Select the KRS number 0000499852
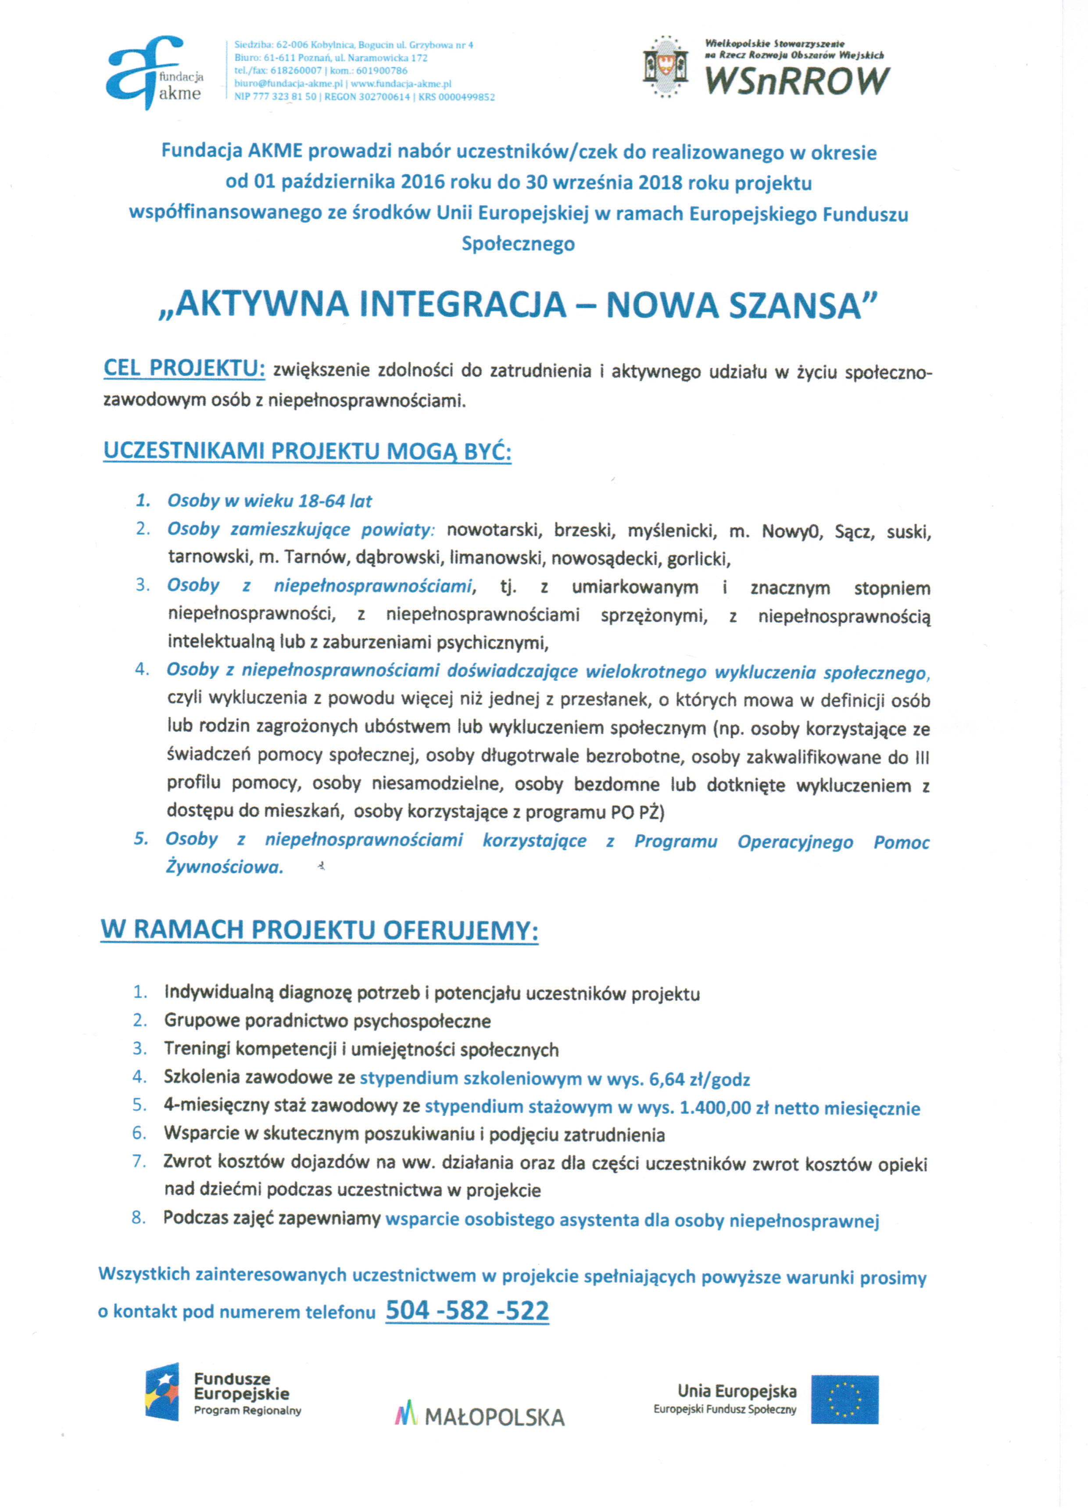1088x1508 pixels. [465, 97]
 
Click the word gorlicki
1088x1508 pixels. [698, 559]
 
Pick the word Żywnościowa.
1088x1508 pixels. [224, 867]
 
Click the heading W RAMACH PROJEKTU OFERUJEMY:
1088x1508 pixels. [319, 930]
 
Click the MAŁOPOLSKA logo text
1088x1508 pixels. [494, 1417]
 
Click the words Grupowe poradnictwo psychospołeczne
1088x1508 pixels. [327, 1021]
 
